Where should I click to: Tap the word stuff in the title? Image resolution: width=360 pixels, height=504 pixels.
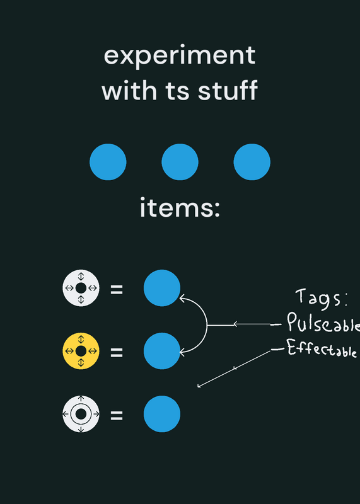coord(228,90)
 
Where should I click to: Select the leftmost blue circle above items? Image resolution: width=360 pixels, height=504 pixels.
coord(108,162)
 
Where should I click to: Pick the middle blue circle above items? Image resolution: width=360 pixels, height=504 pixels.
coord(180,162)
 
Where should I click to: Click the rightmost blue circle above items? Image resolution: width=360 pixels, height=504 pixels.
coord(252,162)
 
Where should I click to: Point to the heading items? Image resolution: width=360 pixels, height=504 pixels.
coord(180,208)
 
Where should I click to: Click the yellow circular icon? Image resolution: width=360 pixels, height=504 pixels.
coord(81,351)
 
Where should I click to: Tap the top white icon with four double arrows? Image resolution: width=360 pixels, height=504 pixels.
coord(81,288)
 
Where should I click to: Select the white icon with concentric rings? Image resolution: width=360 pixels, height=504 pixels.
coord(81,414)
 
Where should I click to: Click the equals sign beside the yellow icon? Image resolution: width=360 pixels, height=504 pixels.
coord(117,352)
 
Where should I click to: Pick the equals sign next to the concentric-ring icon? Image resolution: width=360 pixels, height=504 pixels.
coord(117,415)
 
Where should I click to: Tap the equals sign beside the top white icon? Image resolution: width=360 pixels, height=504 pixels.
coord(117,289)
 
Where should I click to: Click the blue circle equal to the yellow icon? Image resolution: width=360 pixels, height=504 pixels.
coord(162,351)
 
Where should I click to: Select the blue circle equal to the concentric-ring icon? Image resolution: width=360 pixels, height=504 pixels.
coord(162,414)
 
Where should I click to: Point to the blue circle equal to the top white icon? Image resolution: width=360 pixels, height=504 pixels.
coord(162,288)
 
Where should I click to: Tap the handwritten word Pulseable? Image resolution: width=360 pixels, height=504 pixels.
coord(323,323)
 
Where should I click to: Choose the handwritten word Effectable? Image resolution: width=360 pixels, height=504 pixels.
coord(322,348)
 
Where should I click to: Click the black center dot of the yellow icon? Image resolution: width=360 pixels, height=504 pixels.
coord(81,351)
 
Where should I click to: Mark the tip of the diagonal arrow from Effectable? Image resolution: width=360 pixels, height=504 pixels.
coord(198,387)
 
